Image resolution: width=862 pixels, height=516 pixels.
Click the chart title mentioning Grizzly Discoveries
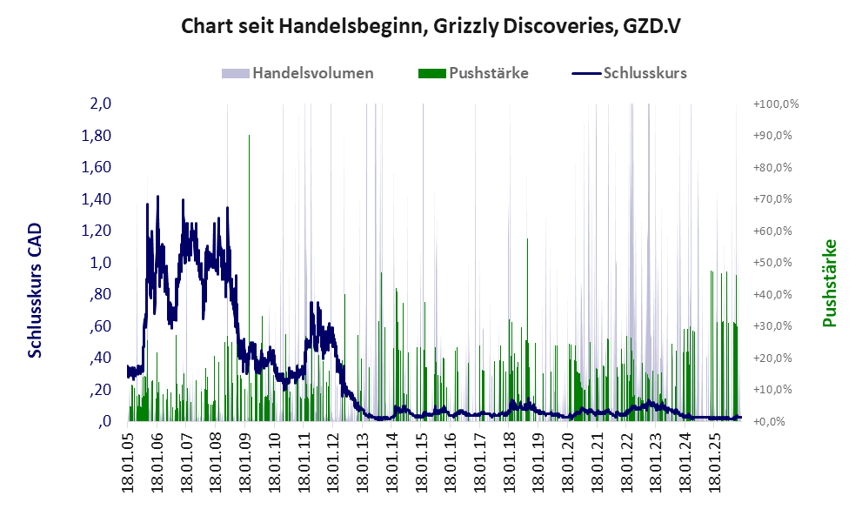430,26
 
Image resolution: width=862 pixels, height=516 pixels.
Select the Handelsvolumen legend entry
311,73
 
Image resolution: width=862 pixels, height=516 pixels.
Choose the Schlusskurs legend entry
644,73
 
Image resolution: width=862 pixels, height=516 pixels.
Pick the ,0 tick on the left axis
104,421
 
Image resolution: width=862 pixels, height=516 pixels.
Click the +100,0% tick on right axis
775,104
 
